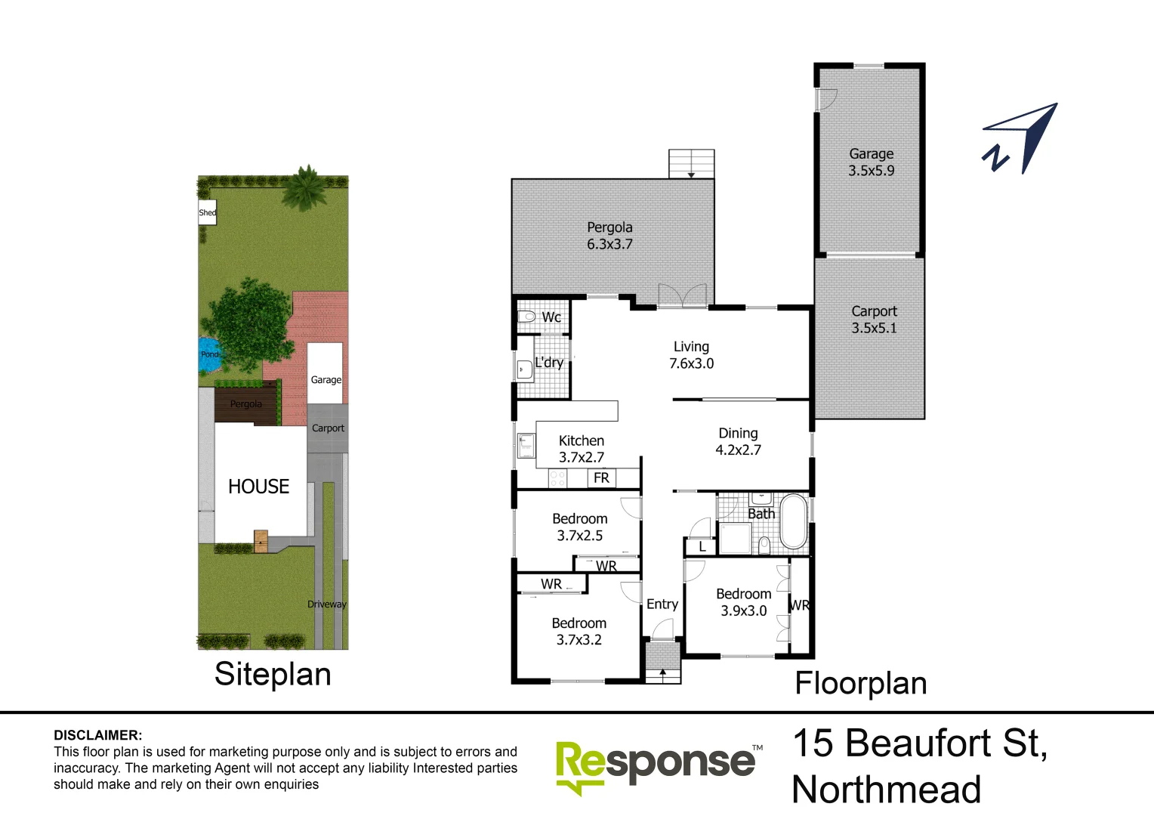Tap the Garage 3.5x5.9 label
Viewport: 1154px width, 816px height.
point(871,162)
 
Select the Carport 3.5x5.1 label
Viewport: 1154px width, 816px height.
point(874,320)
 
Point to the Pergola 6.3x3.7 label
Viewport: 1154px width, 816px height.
point(609,236)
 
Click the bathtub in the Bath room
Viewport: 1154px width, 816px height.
point(793,521)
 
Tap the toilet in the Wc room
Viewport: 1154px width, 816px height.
point(526,317)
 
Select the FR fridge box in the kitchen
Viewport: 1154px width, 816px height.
point(601,478)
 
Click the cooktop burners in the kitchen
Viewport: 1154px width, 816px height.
point(557,478)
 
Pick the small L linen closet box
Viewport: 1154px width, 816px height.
point(702,546)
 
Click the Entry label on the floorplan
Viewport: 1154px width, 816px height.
point(662,604)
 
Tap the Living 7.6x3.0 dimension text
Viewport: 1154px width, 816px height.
point(691,363)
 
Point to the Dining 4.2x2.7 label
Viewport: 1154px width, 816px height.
point(738,441)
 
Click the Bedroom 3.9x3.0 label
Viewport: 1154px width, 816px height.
point(743,602)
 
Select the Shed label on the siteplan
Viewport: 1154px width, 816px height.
point(207,212)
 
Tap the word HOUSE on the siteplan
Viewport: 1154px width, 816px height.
point(258,487)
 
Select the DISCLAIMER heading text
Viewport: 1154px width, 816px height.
point(97,735)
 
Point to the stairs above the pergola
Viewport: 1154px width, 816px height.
point(691,164)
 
